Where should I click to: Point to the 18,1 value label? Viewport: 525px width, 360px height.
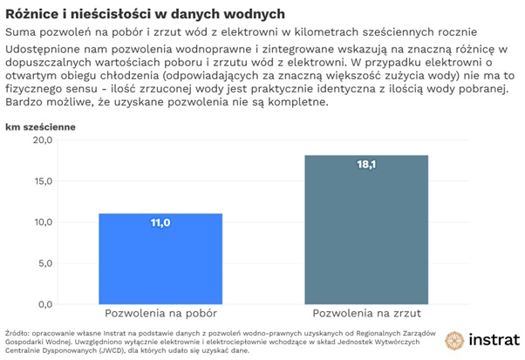point(366,165)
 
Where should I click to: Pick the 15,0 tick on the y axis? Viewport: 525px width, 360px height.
point(43,181)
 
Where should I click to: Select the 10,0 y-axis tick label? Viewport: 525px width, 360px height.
point(43,222)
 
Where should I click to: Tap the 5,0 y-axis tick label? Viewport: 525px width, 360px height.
point(45,263)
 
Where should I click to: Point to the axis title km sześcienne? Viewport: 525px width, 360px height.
point(40,126)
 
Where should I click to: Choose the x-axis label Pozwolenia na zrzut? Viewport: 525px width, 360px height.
point(366,312)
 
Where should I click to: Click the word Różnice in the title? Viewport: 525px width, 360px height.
point(31,13)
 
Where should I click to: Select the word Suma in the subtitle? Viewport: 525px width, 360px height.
point(21,31)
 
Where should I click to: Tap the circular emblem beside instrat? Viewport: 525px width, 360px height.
point(454,340)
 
